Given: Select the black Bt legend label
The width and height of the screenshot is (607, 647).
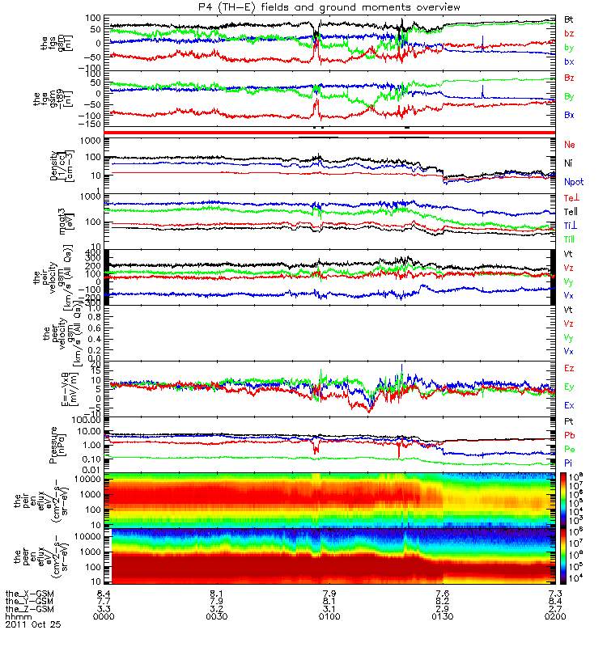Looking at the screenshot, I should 569,19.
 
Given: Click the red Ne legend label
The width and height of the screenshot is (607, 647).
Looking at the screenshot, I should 570,144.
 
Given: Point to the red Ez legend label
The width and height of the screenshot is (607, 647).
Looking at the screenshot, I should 569,368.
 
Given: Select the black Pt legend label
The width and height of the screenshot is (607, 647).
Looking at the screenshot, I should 569,422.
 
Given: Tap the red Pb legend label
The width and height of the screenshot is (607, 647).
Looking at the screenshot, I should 569,436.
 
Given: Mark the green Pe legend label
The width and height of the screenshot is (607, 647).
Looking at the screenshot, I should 569,449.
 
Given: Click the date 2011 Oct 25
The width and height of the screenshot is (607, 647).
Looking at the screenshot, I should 32,624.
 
